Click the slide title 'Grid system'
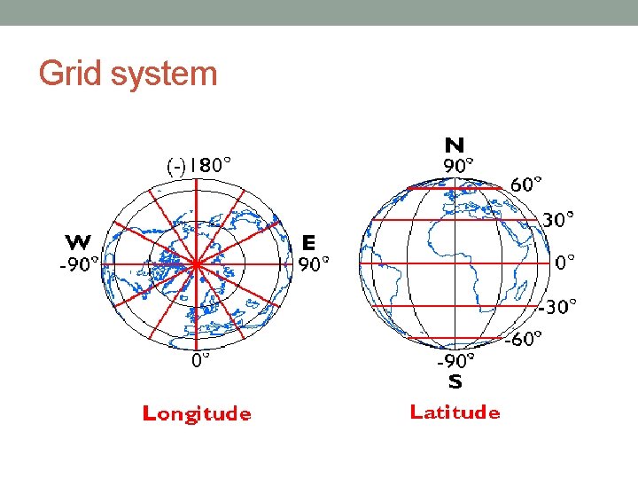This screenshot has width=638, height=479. [x=128, y=74]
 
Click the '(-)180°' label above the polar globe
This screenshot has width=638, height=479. [x=200, y=165]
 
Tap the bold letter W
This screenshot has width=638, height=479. [x=77, y=242]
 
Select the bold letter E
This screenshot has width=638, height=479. [x=308, y=242]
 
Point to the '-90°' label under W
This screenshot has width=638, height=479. [x=79, y=263]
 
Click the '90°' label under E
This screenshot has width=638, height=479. [x=314, y=263]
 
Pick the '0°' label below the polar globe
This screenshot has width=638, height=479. [x=201, y=361]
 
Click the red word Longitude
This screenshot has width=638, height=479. [x=197, y=413]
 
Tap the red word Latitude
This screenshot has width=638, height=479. [x=455, y=412]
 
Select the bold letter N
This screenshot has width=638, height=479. [x=455, y=145]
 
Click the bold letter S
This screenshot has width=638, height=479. [x=455, y=382]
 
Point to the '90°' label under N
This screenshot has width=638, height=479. [x=458, y=164]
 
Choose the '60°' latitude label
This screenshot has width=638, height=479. [x=527, y=185]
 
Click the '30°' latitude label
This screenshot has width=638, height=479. [x=558, y=218]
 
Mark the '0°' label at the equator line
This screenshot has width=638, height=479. [x=564, y=262]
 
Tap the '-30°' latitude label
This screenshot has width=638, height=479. [x=558, y=306]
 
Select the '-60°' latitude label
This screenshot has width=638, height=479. [x=524, y=340]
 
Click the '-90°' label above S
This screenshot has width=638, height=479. [x=455, y=361]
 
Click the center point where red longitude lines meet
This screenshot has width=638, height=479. [x=195, y=263]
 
